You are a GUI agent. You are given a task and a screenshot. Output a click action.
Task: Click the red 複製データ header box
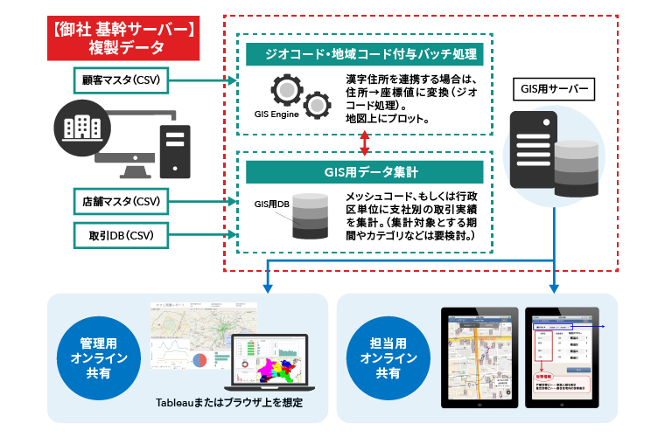[122, 38]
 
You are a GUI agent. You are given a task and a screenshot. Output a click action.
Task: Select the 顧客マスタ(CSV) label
[121, 80]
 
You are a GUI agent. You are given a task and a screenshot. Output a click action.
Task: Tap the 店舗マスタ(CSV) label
[121, 201]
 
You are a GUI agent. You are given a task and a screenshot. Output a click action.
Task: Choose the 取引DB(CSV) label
[121, 234]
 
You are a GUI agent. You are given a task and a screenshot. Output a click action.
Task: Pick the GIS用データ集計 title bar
[365, 172]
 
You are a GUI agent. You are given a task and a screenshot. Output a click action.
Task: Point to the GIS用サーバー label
[555, 88]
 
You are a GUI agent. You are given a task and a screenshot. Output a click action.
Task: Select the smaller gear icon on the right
[316, 107]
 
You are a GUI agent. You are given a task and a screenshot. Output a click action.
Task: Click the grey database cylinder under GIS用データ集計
[310, 216]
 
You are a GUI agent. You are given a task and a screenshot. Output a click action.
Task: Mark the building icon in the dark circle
[81, 127]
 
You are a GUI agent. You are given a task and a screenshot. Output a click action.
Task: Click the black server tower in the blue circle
[531, 153]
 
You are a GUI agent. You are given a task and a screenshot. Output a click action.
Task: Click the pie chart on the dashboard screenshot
[199, 358]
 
